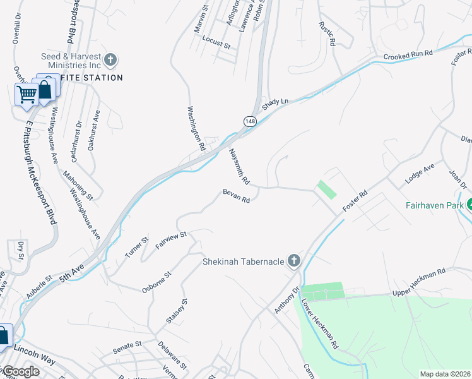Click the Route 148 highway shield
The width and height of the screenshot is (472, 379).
point(250,121)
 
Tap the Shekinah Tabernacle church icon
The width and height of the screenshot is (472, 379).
point(293,261)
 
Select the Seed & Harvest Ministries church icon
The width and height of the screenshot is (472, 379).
point(110,61)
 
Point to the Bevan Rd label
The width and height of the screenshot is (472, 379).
point(236,196)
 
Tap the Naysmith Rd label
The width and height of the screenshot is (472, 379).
point(240,166)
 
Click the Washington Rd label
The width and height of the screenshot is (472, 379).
point(196,128)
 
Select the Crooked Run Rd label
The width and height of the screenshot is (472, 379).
point(408,56)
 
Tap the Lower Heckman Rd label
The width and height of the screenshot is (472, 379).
point(321,324)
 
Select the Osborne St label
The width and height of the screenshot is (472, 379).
point(157,282)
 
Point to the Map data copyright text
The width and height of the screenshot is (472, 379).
point(445,374)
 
